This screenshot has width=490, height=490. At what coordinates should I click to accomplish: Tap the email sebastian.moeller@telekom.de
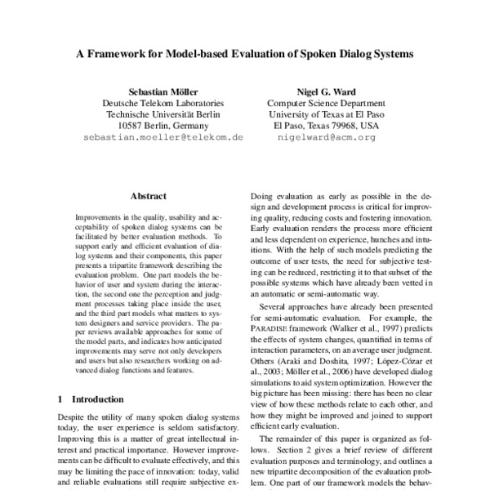pos(163,138)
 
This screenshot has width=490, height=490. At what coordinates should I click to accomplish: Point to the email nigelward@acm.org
pos(326,138)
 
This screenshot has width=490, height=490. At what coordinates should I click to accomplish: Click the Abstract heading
pos(148,197)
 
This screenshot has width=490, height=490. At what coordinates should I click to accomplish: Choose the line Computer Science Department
pos(326,104)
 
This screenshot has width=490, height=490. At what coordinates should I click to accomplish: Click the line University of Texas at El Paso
pos(326,115)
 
